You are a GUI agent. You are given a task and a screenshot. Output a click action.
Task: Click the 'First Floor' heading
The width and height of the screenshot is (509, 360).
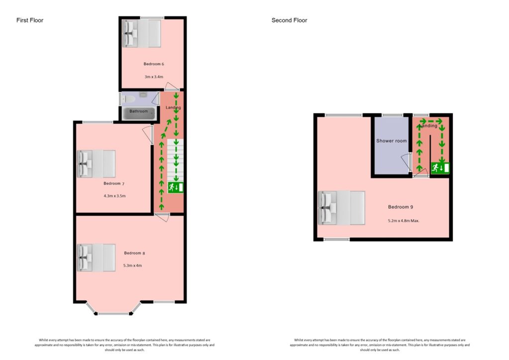point(30,20)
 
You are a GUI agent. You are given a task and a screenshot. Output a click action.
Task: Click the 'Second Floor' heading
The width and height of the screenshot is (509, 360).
point(289,20)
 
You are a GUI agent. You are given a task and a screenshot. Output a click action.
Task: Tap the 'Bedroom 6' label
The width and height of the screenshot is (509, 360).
point(154,64)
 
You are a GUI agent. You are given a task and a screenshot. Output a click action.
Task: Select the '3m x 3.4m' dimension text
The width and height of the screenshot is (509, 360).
point(154,77)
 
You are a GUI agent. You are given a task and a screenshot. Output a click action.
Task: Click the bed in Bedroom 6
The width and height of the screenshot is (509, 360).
point(142,33)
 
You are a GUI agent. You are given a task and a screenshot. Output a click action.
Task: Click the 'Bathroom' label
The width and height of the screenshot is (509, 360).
point(139,111)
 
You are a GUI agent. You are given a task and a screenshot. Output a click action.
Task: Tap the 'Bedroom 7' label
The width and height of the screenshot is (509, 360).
point(114,183)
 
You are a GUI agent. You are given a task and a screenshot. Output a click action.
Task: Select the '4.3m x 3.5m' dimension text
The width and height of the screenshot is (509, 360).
point(114,196)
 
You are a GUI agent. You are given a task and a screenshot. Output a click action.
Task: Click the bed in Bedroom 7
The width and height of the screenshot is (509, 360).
point(96,164)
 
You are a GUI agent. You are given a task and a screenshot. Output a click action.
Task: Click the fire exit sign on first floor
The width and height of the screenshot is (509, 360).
point(175,187)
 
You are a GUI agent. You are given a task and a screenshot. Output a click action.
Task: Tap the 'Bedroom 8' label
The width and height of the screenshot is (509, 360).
point(134,253)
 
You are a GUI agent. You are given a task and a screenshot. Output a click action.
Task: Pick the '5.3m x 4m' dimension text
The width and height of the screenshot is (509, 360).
point(133,266)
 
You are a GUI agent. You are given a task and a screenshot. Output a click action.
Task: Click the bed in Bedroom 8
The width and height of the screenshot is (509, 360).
point(96,257)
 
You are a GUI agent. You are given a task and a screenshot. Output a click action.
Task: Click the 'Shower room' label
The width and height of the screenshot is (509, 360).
point(391,141)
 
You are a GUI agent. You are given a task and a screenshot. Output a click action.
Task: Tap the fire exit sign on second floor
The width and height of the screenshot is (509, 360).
point(440,168)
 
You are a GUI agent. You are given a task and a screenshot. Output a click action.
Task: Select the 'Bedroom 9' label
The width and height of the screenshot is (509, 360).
point(401,207)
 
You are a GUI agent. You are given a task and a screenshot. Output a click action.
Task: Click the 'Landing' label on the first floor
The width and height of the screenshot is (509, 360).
point(173,107)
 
